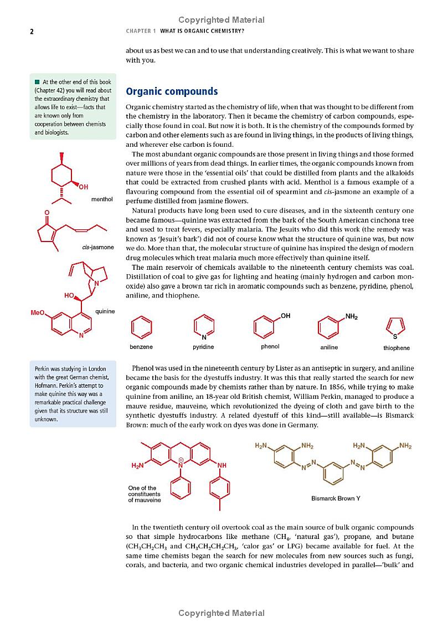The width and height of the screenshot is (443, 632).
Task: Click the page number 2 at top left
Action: pos(32,32)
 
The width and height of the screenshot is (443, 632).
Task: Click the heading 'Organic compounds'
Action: pos(172,91)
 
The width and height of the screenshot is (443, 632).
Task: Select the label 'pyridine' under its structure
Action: pos(203,347)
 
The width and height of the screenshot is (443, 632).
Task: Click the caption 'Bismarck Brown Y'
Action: pos(336,498)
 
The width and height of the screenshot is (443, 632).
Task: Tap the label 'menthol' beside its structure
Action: pos(102,199)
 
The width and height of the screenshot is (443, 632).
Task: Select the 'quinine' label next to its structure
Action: pos(105,311)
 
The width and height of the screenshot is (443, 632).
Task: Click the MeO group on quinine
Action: pos(38,313)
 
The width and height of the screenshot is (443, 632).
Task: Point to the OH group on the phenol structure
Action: pos(285,316)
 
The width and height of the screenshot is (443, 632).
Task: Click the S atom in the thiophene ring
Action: pos(395,336)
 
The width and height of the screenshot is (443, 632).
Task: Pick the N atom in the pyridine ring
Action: pos(204,337)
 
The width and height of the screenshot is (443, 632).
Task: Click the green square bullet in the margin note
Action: pos(37,83)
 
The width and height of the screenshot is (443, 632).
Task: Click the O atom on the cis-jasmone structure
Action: pos(47,212)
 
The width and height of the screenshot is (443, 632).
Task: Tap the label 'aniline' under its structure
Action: pos(329,347)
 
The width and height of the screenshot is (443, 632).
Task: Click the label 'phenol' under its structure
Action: pos(270,346)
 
